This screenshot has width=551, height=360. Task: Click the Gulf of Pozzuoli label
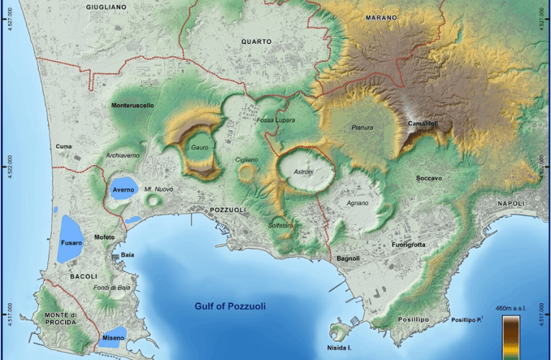click(230, 306)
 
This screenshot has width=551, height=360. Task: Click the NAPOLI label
click(514, 204)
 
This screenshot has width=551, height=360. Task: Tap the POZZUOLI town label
click(228, 210)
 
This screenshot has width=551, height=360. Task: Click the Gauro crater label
click(200, 148)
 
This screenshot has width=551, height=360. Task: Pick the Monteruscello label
click(133, 106)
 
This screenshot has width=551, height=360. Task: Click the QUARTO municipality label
click(256, 42)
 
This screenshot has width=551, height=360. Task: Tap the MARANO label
click(381, 17)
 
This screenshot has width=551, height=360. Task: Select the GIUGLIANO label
click(107, 6)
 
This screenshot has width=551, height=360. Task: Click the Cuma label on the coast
click(63, 146)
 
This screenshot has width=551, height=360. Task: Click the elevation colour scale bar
click(512, 336)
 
